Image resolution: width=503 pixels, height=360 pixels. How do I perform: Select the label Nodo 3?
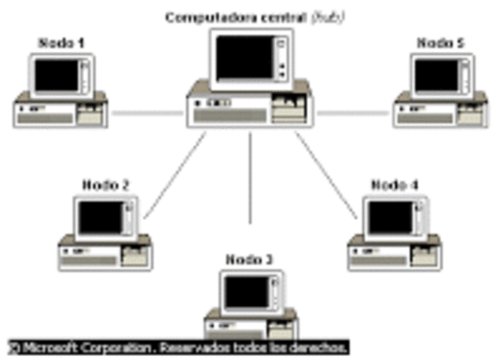250,259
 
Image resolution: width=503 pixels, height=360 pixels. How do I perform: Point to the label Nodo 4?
395,186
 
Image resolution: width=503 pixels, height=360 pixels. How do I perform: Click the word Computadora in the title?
201,17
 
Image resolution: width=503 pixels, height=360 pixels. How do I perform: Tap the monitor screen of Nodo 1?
57,75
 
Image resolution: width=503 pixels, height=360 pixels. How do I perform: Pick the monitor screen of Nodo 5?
437,75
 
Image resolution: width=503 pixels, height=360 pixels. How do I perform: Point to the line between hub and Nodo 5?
354,112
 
